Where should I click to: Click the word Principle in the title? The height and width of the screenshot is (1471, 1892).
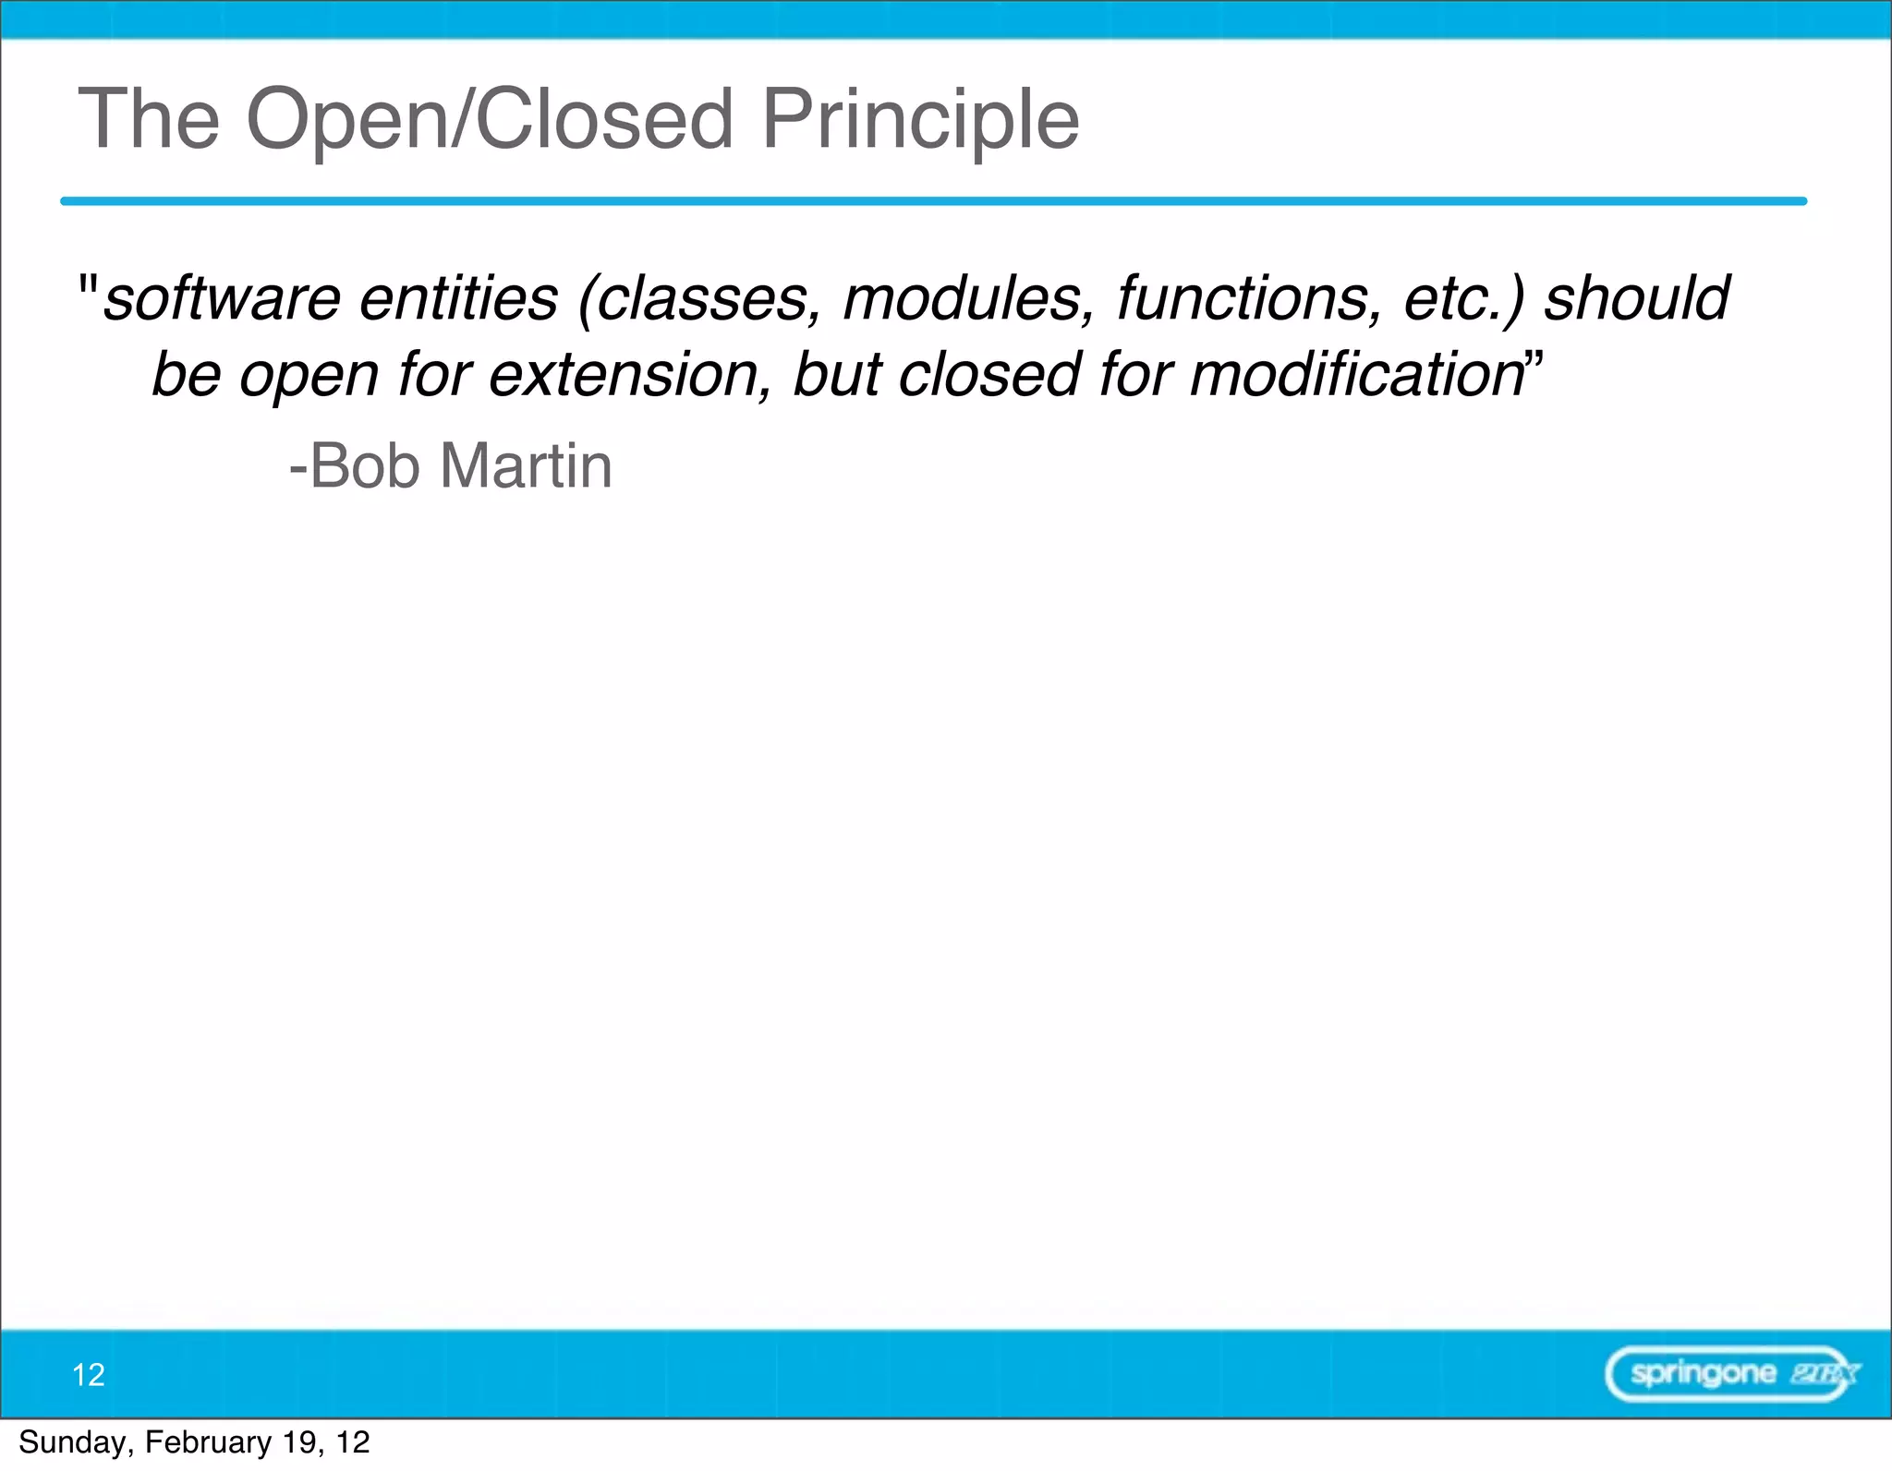coord(920,120)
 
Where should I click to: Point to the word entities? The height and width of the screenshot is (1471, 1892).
coord(458,299)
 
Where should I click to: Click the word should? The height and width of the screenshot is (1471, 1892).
coord(1636,299)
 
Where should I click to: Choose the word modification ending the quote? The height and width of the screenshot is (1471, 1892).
coord(1357,376)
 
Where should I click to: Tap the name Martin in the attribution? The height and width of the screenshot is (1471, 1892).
coord(526,466)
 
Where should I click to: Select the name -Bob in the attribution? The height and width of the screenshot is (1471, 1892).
coord(355,466)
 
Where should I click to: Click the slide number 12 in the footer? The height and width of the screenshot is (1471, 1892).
coord(89,1375)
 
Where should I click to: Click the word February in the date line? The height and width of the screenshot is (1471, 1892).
coord(208,1442)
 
